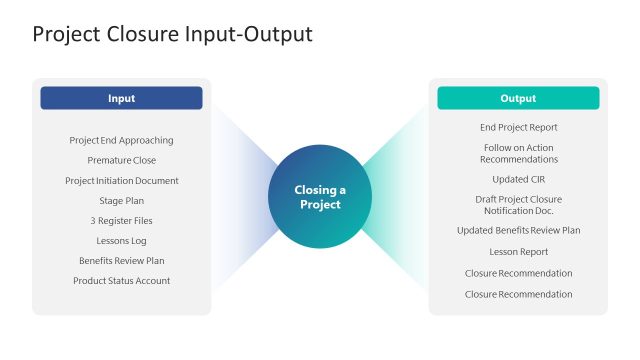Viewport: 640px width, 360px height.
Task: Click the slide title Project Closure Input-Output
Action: click(172, 34)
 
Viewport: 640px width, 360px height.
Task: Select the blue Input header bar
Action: click(121, 98)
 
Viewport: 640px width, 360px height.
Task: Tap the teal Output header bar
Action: click(518, 98)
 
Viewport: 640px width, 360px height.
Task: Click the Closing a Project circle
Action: click(320, 197)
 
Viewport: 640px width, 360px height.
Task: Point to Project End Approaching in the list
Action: click(121, 140)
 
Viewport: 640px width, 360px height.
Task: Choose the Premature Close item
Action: click(121, 160)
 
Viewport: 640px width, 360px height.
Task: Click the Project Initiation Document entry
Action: click(121, 181)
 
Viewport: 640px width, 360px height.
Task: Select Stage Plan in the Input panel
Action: click(121, 201)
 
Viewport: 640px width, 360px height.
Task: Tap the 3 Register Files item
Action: click(121, 221)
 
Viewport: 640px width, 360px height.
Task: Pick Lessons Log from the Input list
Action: click(121, 241)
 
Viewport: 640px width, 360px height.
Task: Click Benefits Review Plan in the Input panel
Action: click(121, 261)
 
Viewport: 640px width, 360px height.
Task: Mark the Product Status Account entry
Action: click(121, 281)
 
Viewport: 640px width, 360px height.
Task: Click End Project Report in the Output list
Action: click(518, 127)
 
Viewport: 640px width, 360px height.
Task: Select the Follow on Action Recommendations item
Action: click(518, 153)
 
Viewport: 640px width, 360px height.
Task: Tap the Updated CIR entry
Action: click(518, 179)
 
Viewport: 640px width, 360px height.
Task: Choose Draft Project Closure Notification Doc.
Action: click(518, 205)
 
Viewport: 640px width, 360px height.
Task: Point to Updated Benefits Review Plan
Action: click(518, 230)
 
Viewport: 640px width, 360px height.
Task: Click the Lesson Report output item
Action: click(518, 252)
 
